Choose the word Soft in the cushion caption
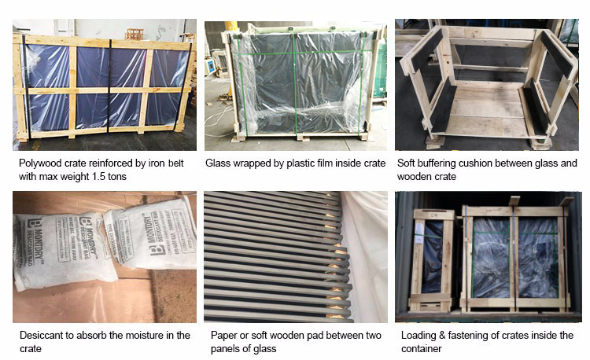pos(407,163)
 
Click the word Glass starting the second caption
pos(219,163)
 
